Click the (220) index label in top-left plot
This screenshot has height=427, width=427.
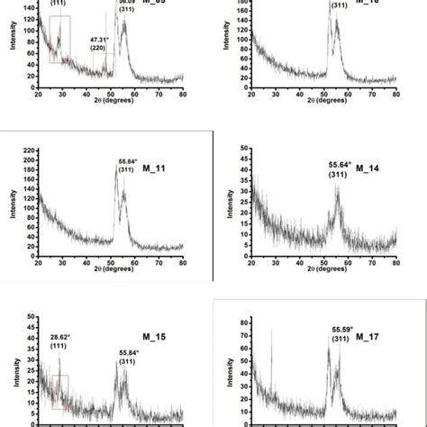click(101, 50)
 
